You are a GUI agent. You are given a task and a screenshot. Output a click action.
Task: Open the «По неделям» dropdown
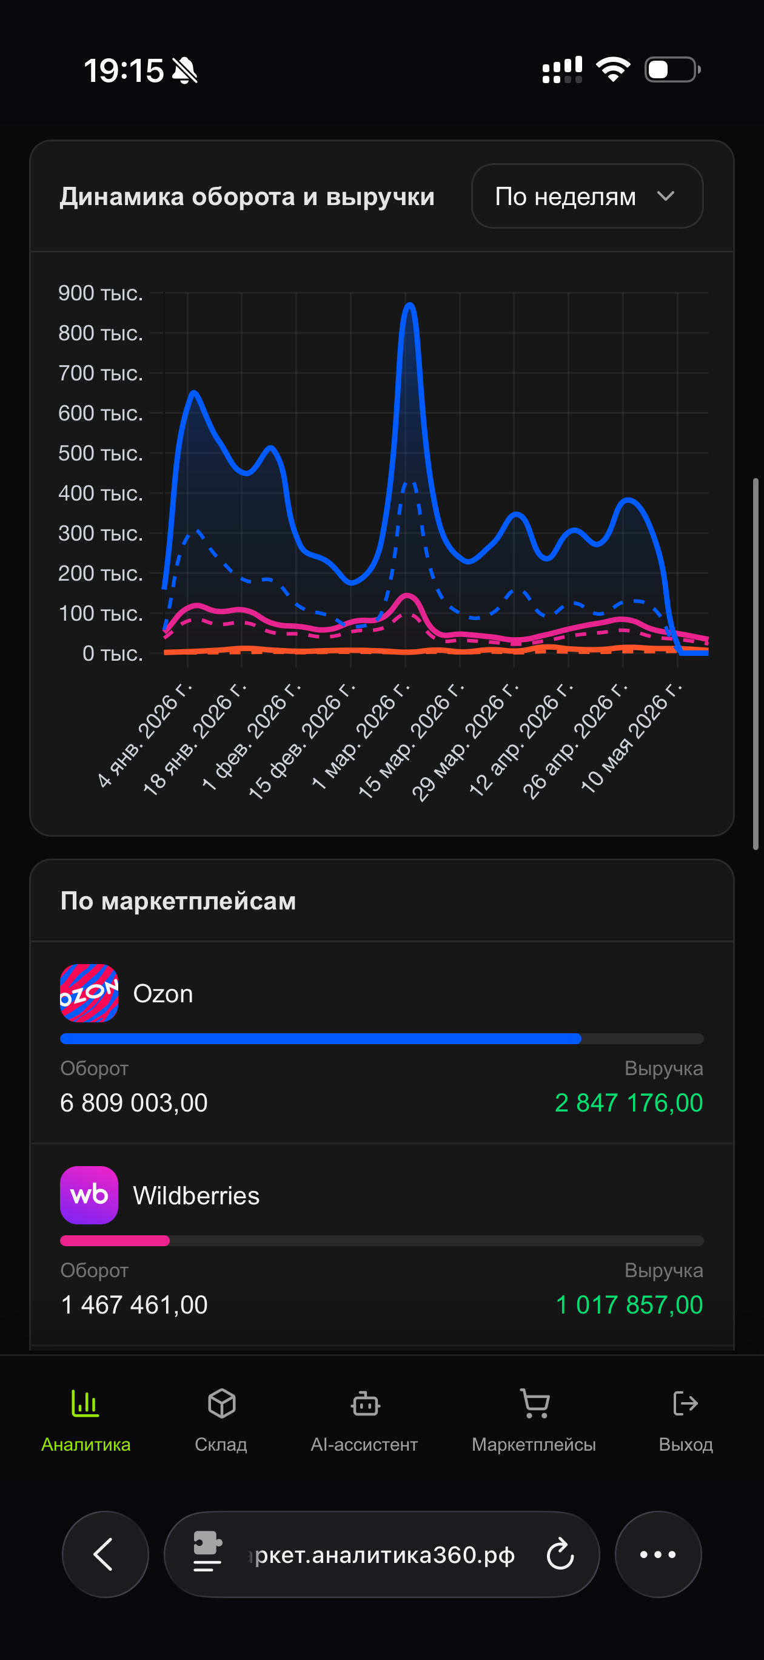coord(587,196)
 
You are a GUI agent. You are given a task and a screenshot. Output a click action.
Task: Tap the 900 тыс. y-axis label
coord(101,293)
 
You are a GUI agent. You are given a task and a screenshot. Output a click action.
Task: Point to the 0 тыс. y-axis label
coord(113,653)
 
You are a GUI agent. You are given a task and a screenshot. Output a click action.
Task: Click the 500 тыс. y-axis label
coord(101,453)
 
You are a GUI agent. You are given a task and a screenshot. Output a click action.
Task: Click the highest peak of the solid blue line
coord(410,305)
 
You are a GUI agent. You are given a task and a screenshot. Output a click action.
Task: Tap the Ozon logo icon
coord(89,993)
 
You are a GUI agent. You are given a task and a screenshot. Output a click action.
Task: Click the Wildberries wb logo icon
coord(89,1195)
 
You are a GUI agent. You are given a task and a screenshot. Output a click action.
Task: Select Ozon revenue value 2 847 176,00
coord(629,1102)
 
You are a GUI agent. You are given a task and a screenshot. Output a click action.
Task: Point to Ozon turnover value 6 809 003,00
coord(134,1102)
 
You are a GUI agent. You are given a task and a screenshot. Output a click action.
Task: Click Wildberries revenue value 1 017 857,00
coord(629,1304)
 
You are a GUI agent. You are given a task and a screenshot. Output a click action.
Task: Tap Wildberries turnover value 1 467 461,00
coord(134,1304)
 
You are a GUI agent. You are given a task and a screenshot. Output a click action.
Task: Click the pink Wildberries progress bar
coord(115,1241)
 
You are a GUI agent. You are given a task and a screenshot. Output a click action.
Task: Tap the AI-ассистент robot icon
coord(365,1403)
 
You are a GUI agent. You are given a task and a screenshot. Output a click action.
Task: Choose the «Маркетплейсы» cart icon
coord(535,1403)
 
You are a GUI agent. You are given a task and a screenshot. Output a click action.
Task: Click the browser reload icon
coord(560,1554)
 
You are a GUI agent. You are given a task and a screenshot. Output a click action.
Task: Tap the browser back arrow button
coord(105,1554)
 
